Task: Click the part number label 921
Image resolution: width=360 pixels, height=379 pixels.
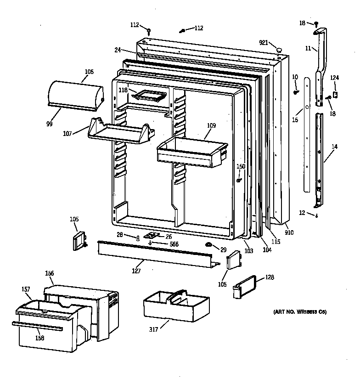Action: pyautogui.click(x=263, y=43)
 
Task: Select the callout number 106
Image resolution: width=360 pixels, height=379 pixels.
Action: pyautogui.click(x=89, y=72)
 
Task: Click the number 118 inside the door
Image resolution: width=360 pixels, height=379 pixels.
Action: pyautogui.click(x=123, y=90)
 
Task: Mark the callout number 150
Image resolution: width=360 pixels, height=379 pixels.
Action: pyautogui.click(x=241, y=166)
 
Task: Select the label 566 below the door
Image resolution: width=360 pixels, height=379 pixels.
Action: pyautogui.click(x=174, y=244)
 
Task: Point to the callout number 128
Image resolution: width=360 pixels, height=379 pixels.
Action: pyautogui.click(x=270, y=277)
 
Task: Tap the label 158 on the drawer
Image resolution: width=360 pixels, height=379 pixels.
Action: pyautogui.click(x=40, y=339)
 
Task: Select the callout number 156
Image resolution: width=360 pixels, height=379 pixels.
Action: pyautogui.click(x=49, y=273)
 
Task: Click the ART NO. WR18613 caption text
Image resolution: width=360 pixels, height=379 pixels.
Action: pyautogui.click(x=299, y=312)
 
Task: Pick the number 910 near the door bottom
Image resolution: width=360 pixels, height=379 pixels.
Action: pyautogui.click(x=289, y=233)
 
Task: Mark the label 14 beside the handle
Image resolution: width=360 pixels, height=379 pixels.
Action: pyautogui.click(x=334, y=146)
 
